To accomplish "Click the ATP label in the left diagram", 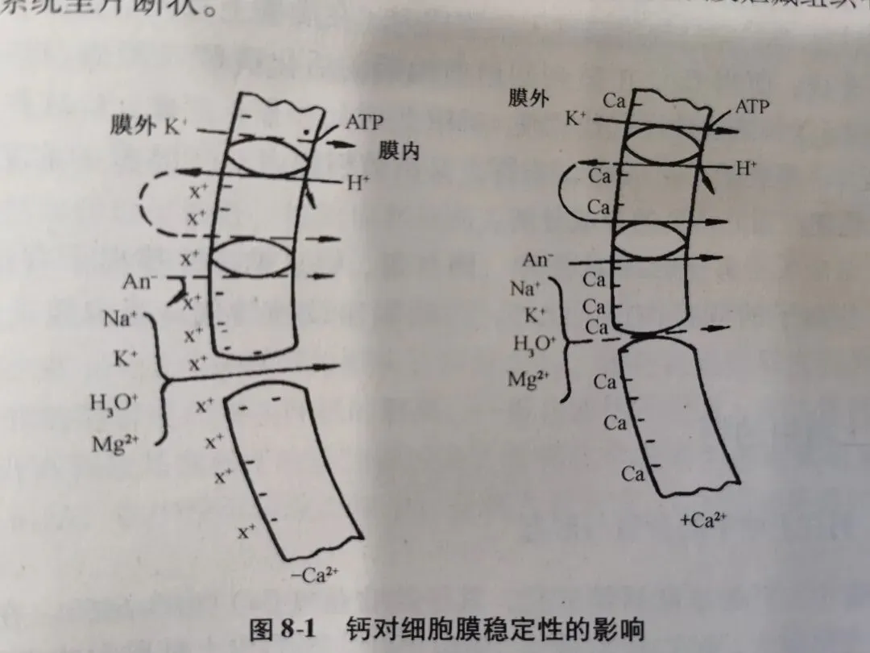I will [364, 123].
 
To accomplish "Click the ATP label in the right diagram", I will [752, 106].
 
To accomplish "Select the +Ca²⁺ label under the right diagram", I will [703, 521].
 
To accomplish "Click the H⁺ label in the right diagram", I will [747, 168].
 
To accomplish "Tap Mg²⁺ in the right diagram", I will [529, 379].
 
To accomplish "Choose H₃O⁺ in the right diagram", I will [534, 344].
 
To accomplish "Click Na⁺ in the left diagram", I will [121, 318].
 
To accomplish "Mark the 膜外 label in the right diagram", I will [529, 98].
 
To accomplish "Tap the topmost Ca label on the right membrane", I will [615, 102].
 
